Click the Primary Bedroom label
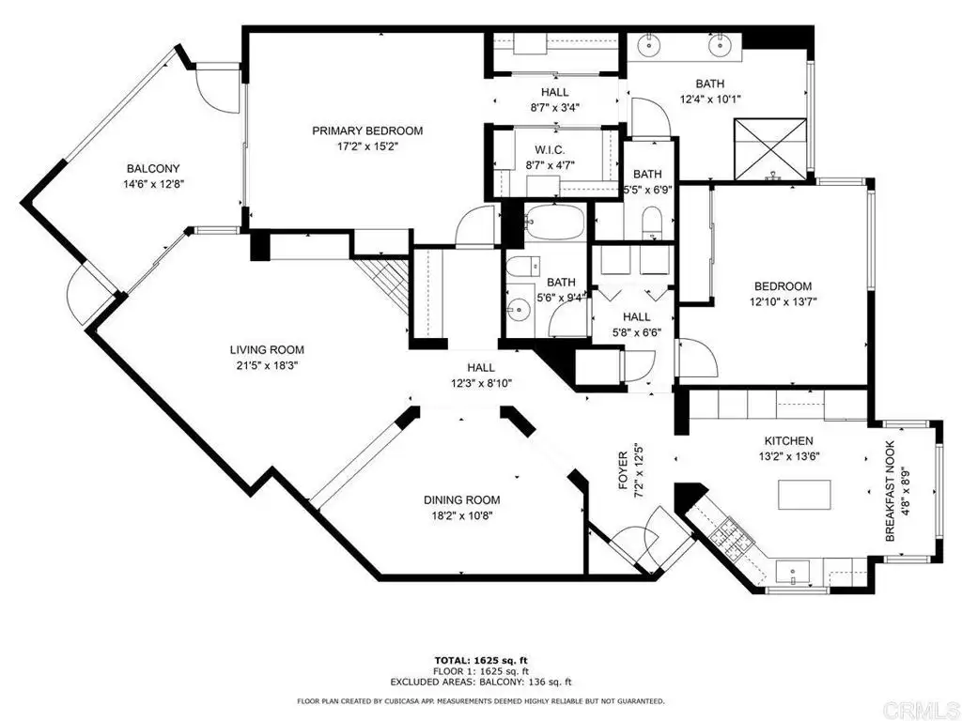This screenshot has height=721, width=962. [367, 130]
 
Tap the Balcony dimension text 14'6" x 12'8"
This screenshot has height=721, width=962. [153, 184]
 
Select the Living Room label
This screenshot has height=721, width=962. [267, 350]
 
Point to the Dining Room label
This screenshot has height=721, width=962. [462, 500]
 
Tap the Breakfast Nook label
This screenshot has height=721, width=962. [891, 490]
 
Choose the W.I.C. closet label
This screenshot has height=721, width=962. [550, 150]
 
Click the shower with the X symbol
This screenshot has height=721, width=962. [770, 149]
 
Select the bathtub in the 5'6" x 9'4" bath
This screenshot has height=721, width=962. [554, 223]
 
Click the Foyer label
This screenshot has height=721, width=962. [623, 471]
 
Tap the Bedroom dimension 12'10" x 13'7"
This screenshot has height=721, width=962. [783, 301]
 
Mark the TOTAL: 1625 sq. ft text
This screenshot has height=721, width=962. [481, 660]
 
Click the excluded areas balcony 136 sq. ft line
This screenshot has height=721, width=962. [481, 682]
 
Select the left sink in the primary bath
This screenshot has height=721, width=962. [648, 43]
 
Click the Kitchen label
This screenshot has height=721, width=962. [788, 441]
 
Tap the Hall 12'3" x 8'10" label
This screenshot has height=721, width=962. [481, 368]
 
